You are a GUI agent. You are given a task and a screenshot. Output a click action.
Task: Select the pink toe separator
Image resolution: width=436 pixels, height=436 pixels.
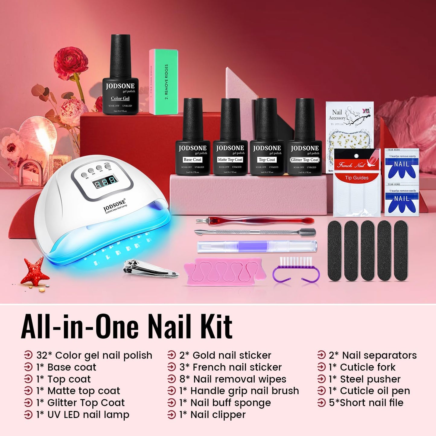225,271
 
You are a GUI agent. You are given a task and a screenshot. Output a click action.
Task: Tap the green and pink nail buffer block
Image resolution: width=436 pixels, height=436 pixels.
163,82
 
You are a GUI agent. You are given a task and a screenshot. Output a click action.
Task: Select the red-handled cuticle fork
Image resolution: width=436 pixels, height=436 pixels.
255,221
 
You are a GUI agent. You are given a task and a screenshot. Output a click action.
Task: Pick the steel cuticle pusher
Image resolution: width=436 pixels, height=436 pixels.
255,232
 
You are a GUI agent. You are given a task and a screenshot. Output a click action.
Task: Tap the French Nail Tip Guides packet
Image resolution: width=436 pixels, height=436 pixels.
357,183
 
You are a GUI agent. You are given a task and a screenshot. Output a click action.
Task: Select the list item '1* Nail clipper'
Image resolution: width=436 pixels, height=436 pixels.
212,415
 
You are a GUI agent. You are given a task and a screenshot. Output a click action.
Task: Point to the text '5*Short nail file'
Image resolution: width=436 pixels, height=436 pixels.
366,403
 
